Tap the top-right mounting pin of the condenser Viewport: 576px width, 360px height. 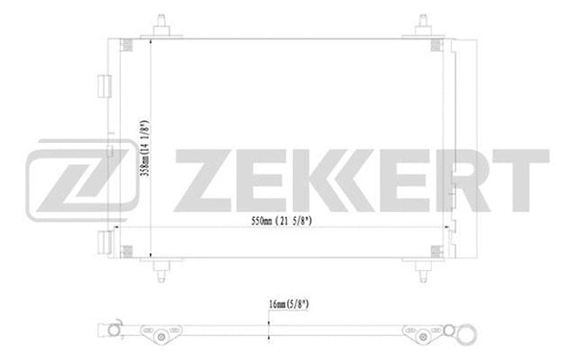tap(423, 23)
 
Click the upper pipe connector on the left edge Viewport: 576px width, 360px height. tap(100, 84)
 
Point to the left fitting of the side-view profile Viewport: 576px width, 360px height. tap(113, 331)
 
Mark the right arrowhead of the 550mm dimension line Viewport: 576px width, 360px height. tap(444, 228)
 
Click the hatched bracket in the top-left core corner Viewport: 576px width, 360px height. tap(128, 44)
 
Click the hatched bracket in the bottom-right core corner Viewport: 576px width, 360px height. tap(437, 252)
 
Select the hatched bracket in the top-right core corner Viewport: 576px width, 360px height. tap(437, 44)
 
